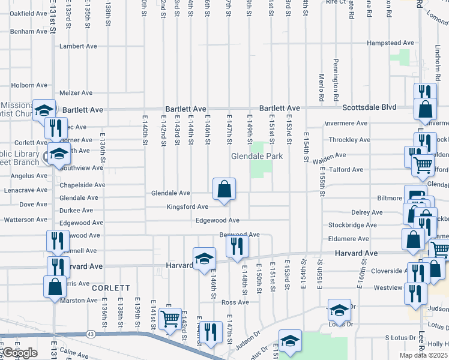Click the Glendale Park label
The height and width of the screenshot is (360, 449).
click(257, 157)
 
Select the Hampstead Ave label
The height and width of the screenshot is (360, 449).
click(391, 43)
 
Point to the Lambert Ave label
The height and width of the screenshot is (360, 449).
click(78, 46)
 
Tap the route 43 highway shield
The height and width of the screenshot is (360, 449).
click(91, 333)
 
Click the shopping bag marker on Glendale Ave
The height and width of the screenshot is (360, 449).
click(224, 190)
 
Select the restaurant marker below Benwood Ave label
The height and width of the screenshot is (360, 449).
click(237, 246)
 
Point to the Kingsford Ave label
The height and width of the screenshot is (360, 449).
click(188, 207)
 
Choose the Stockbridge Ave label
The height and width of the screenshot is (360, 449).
click(353, 226)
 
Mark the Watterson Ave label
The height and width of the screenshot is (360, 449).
click(25, 220)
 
